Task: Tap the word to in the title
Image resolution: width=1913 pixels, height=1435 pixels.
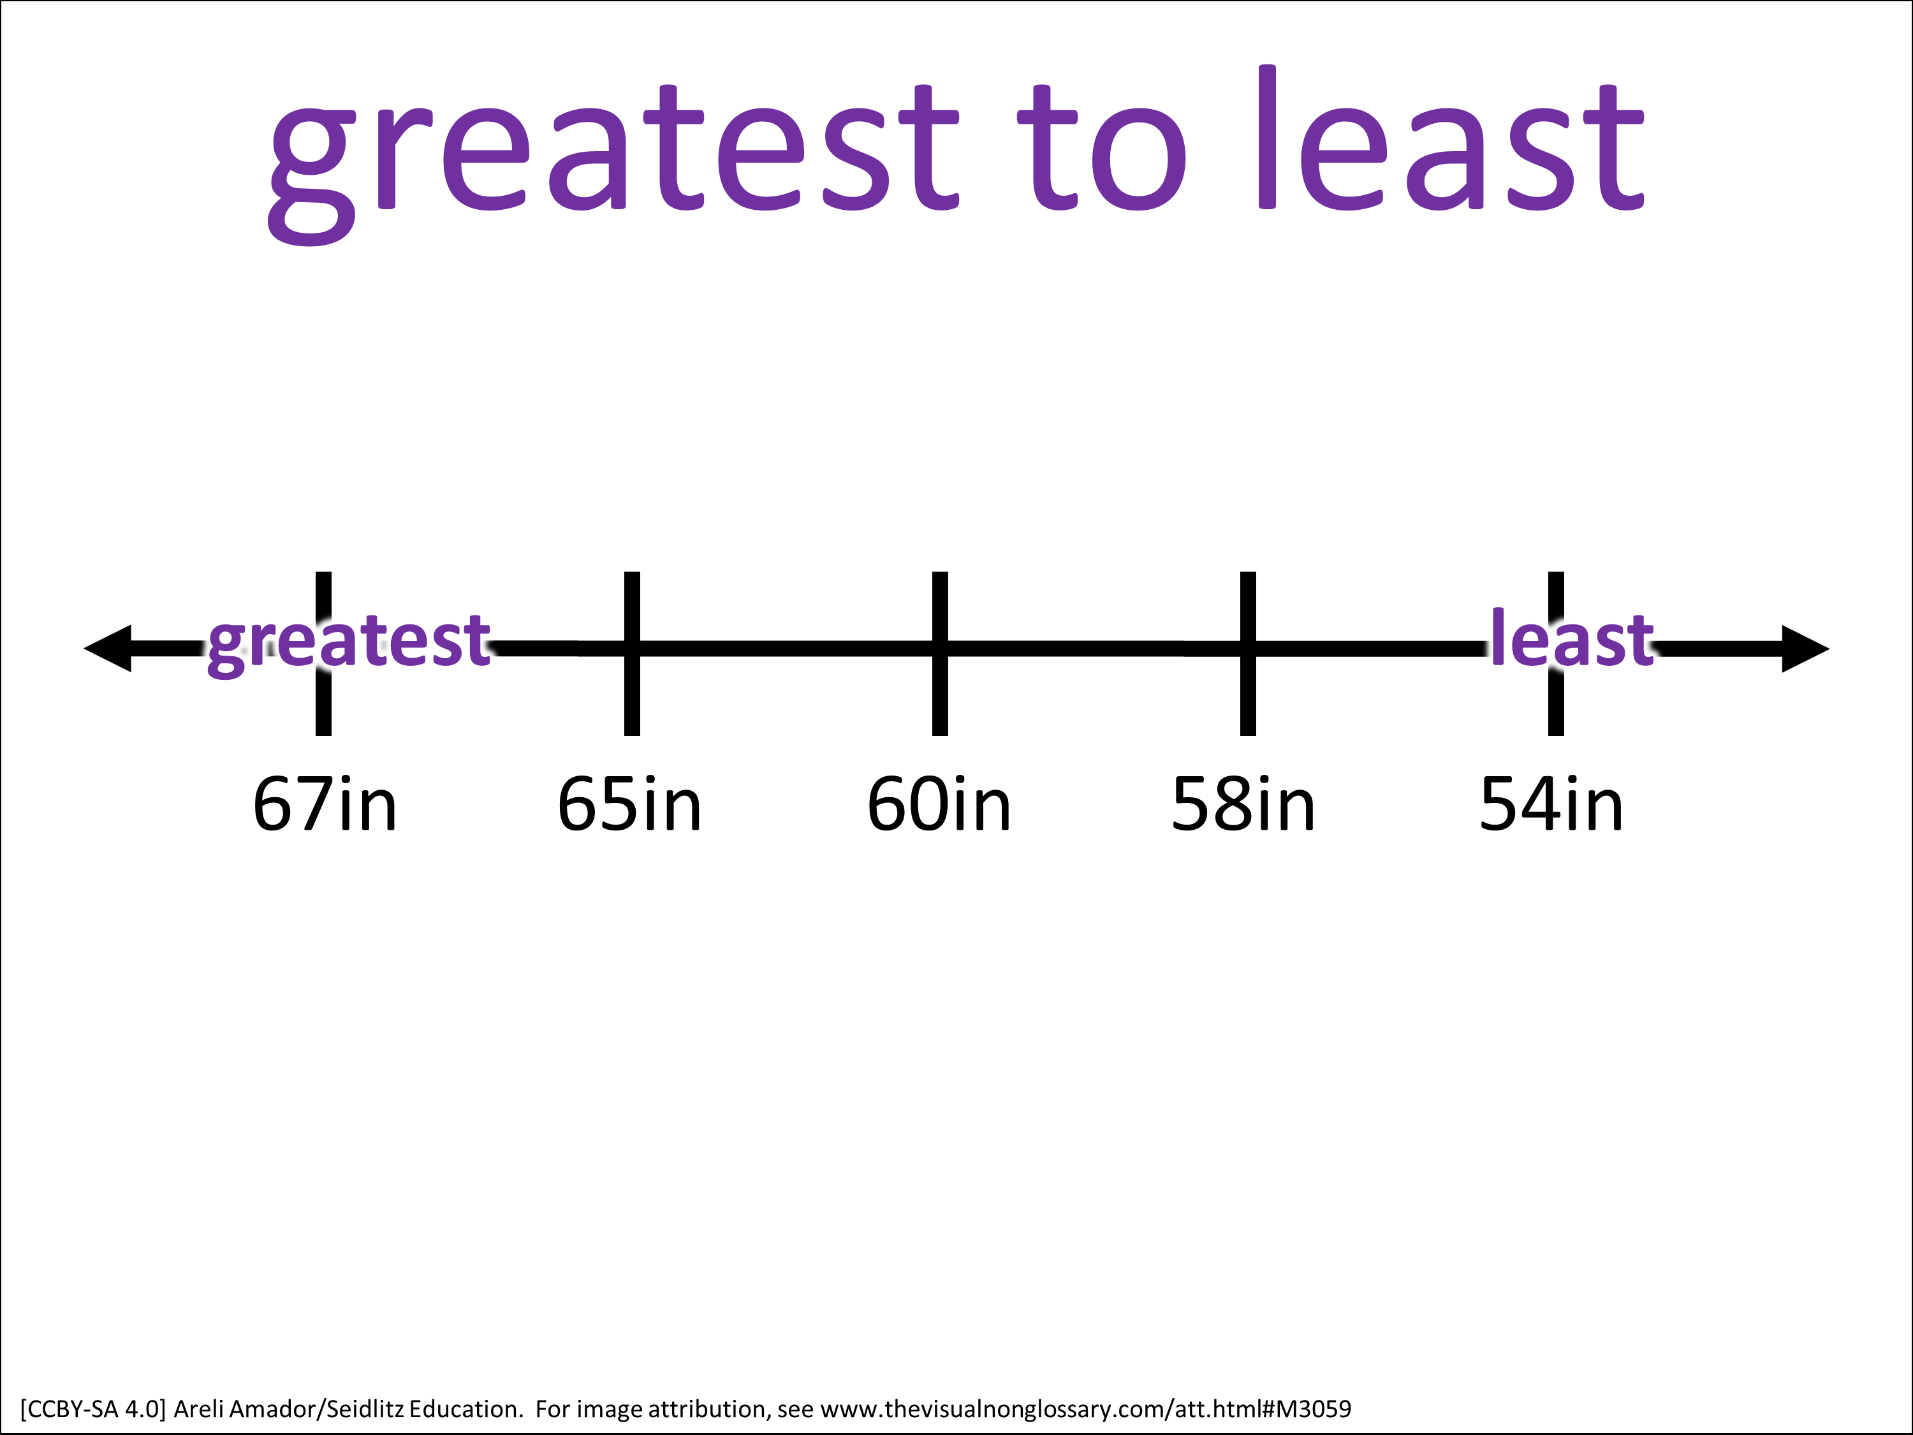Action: [x=1102, y=148]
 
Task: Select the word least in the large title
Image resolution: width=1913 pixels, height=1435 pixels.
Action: [x=1450, y=138]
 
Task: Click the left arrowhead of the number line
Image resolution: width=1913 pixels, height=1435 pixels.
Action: [x=107, y=648]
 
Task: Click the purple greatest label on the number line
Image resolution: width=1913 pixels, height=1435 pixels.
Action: [x=349, y=644]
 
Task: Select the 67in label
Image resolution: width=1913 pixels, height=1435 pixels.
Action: [x=325, y=804]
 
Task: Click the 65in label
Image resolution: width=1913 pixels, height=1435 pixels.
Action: [x=629, y=804]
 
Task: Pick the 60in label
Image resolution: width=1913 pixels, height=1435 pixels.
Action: [x=939, y=804]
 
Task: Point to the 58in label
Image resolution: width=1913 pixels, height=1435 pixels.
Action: [x=1243, y=804]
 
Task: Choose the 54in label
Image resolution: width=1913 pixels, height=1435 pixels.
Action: [x=1551, y=804]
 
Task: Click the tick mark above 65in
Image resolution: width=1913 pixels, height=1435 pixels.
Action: [x=632, y=654]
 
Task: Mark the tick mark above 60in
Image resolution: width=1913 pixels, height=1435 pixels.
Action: [x=940, y=654]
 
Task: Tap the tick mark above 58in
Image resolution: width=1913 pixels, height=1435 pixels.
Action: [x=1248, y=654]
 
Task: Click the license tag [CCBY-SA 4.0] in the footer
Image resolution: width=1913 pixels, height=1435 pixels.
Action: [x=92, y=1409]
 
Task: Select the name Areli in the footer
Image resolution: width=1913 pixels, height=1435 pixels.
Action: [x=198, y=1408]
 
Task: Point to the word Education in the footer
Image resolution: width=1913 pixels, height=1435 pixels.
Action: [x=466, y=1408]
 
